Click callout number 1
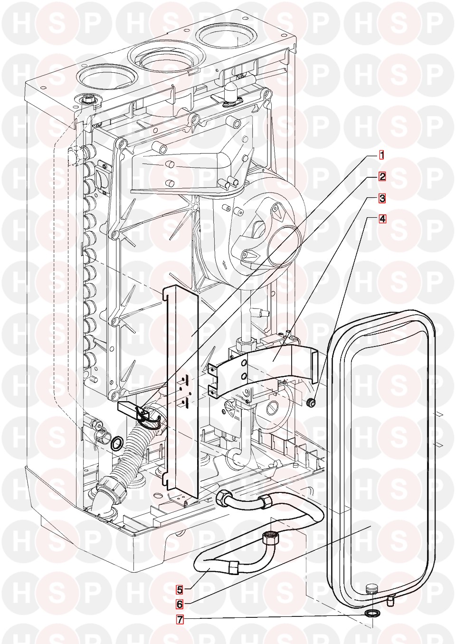pyautogui.click(x=381, y=155)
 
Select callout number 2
pyautogui.click(x=381, y=176)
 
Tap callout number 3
pyautogui.click(x=381, y=197)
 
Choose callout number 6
pyautogui.click(x=179, y=605)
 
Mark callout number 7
pyautogui.click(x=179, y=620)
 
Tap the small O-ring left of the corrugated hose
pyautogui.click(x=116, y=444)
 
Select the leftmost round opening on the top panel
pyautogui.click(x=92, y=76)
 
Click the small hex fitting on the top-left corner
pyautogui.click(x=87, y=100)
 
